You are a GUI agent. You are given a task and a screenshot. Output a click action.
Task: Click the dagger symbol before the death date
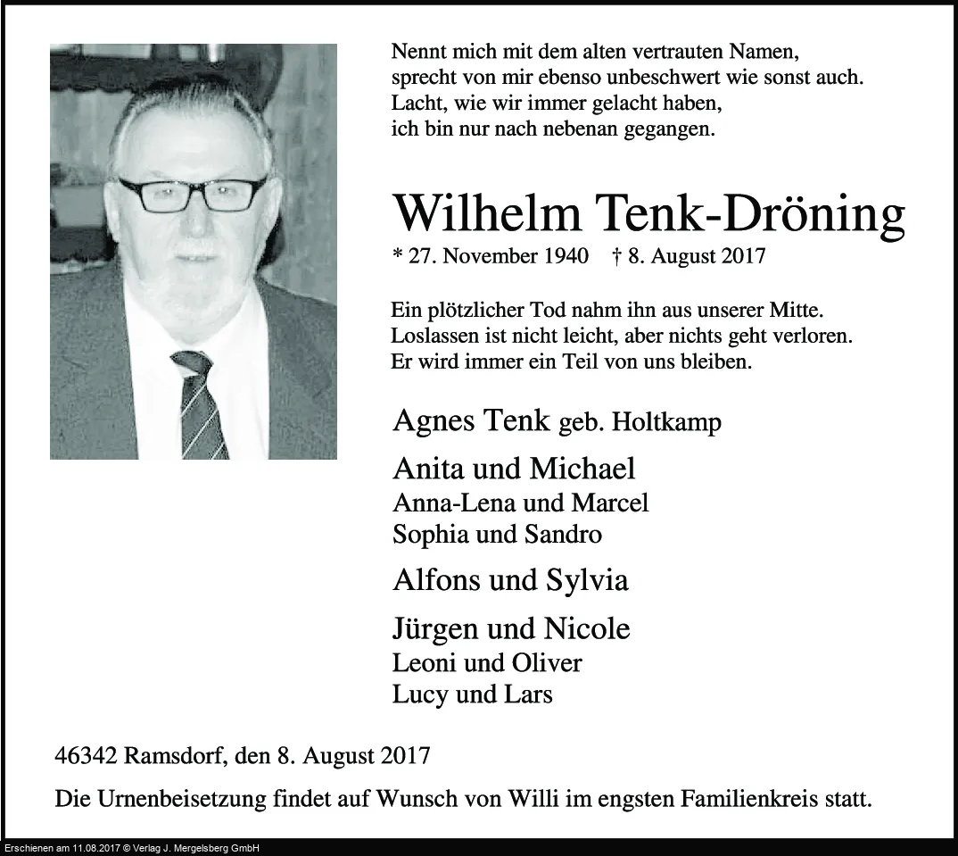[618, 256]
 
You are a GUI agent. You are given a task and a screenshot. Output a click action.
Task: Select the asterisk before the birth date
[397, 256]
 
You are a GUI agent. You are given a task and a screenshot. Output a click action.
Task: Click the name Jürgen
[434, 629]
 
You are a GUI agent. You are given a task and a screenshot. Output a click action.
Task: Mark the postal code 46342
[86, 757]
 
